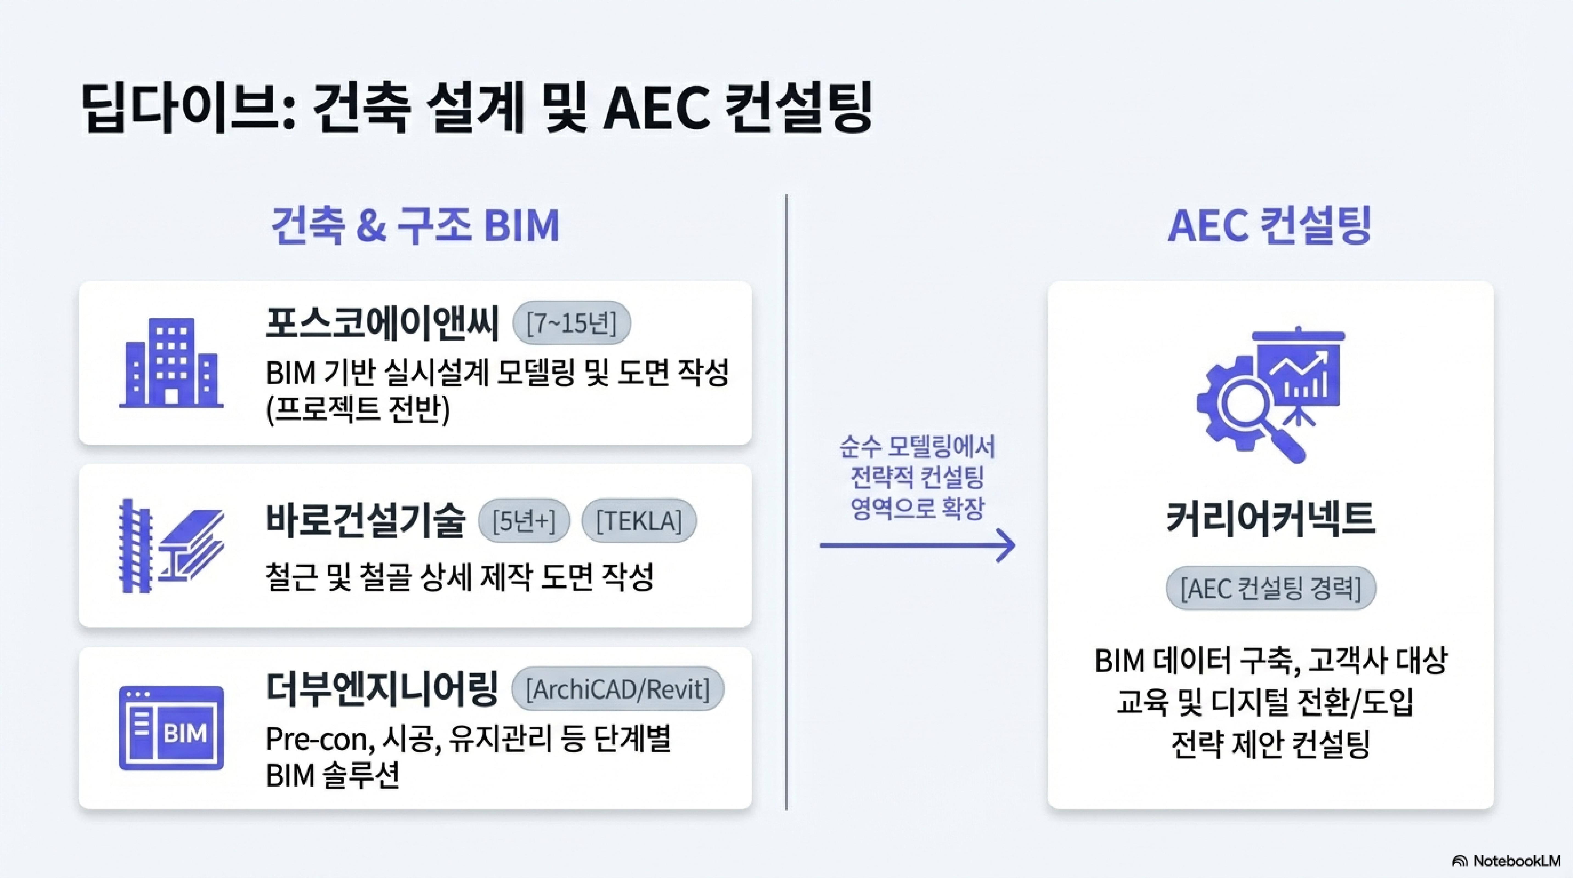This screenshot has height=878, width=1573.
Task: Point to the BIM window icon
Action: [171, 728]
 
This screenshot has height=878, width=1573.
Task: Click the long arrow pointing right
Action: [917, 545]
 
